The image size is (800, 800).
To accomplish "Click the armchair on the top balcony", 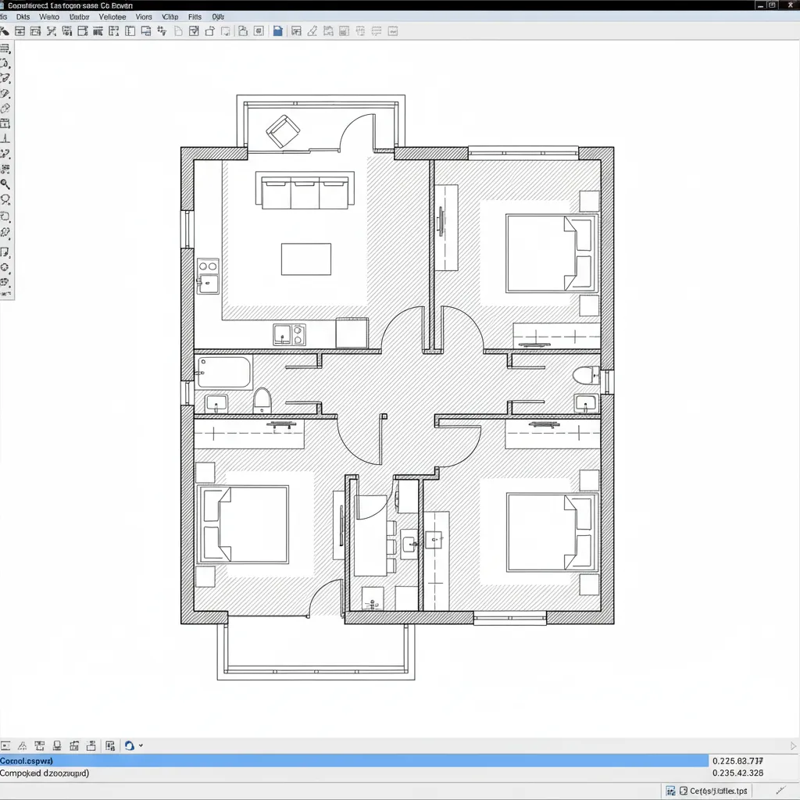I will click(283, 130).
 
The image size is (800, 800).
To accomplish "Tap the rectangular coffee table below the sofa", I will click(305, 259).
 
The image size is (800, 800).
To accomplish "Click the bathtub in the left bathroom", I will click(224, 372).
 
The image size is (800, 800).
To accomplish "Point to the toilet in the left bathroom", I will click(262, 400).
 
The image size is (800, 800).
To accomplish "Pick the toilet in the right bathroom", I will click(585, 376).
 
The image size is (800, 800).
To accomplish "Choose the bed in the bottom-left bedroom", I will click(243, 524).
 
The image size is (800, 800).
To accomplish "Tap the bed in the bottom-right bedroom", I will click(552, 531).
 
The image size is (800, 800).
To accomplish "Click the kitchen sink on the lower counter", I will click(288, 334).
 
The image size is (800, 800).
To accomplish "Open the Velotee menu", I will click(112, 16).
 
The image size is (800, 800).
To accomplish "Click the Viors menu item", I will click(144, 16).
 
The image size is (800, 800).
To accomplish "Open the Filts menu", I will click(195, 16).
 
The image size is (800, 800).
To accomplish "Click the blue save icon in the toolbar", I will click(277, 31).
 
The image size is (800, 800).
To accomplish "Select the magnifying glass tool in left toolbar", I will click(5, 184).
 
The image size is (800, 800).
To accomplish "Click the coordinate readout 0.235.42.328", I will click(737, 773).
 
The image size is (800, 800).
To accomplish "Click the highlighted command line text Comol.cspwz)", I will click(27, 760).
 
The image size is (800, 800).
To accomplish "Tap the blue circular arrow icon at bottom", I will click(130, 746).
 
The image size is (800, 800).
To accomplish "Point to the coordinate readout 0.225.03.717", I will click(737, 760).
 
